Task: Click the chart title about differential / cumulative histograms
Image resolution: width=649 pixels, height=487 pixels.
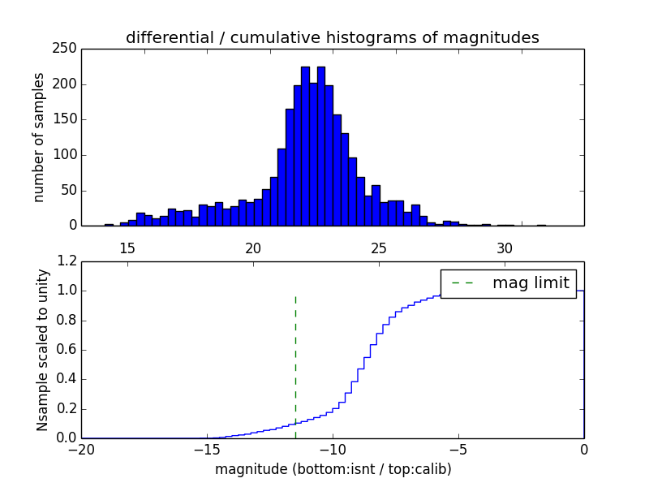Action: point(332,37)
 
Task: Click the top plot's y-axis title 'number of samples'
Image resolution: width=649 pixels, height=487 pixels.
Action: point(38,137)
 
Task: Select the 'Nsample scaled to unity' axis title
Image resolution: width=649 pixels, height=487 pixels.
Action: point(42,350)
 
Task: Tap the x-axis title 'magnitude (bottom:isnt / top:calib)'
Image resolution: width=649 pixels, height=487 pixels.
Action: point(333,469)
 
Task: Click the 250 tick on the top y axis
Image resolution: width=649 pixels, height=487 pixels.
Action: point(67,49)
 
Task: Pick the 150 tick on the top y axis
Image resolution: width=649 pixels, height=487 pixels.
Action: point(67,119)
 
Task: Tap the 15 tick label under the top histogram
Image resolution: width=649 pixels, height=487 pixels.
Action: point(127,248)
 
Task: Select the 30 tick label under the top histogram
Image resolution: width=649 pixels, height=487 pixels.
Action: point(505,248)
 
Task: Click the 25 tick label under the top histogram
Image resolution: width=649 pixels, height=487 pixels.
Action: point(379,248)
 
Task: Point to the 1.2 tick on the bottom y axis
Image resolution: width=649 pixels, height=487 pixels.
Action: point(67,261)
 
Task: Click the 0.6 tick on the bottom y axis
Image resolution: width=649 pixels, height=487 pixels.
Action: point(67,350)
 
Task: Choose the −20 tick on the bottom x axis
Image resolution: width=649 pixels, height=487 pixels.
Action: point(81,450)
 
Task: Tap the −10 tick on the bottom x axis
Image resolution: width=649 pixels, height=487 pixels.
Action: point(332,450)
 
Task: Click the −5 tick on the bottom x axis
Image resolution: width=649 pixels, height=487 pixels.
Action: point(458,450)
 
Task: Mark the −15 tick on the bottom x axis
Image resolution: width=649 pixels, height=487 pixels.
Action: point(206,450)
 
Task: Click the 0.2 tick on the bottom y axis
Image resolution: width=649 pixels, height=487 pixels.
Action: point(67,409)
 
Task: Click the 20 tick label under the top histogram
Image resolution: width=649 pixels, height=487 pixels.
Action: point(253,248)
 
